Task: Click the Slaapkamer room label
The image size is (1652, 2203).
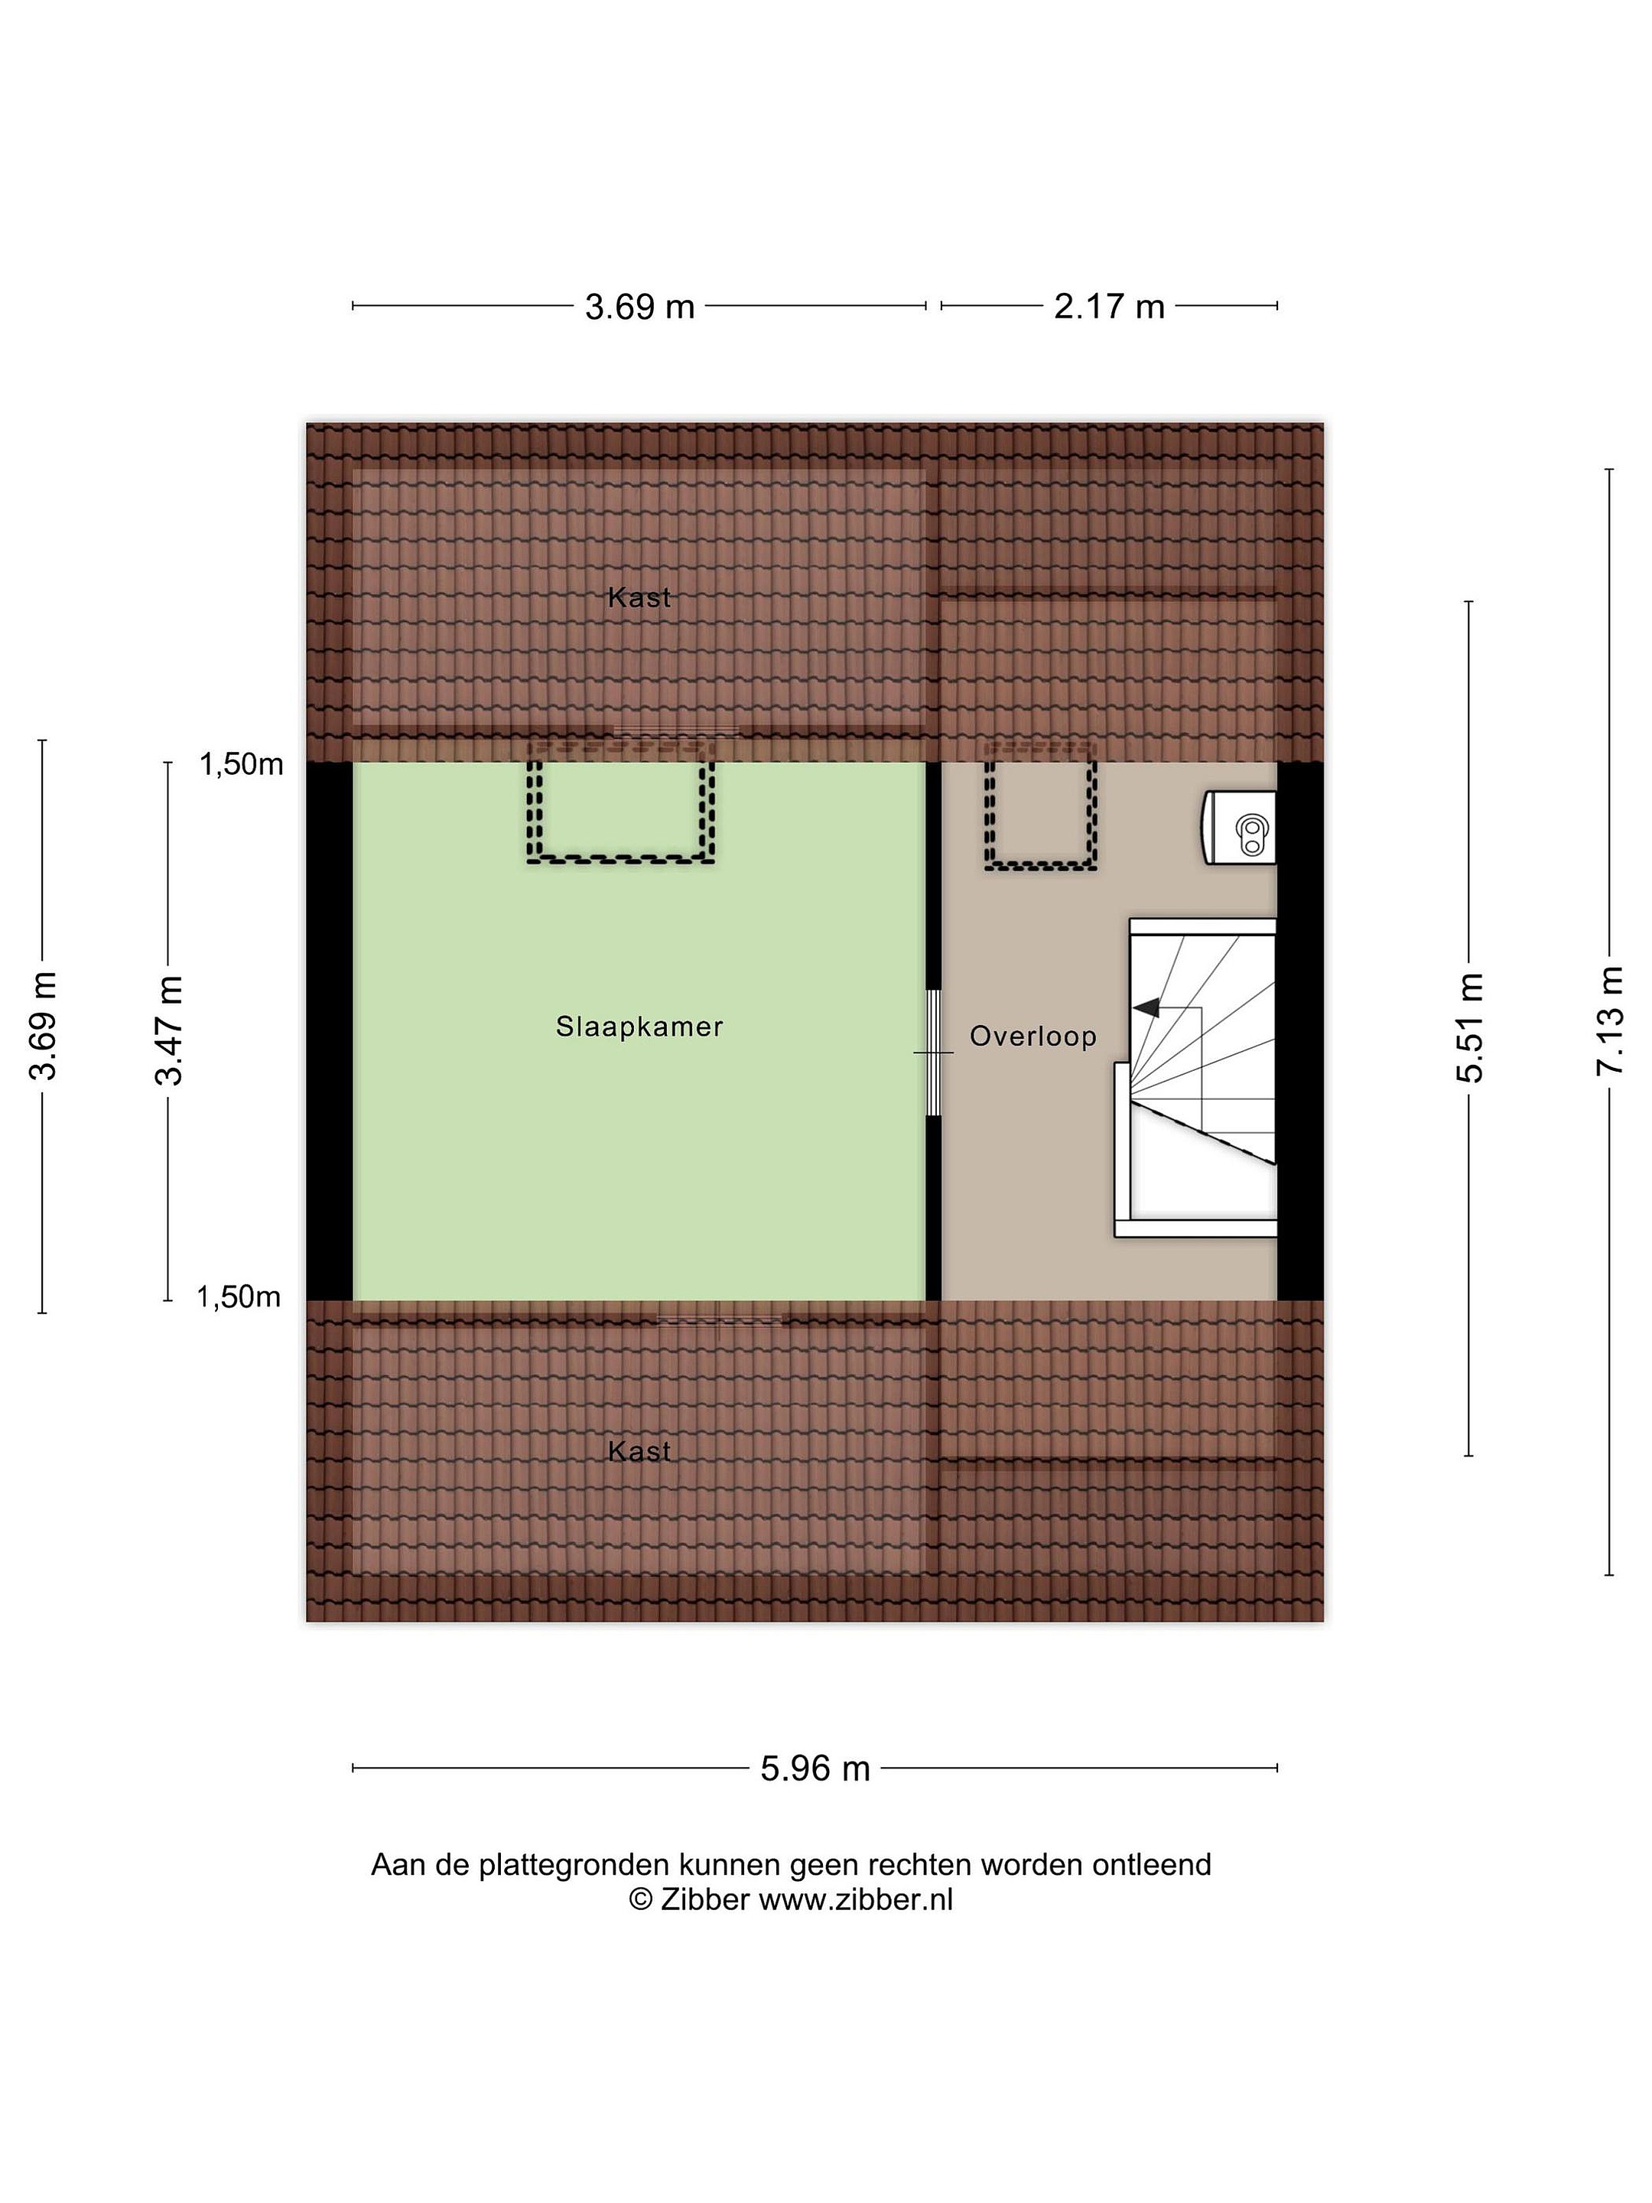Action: pos(639,1027)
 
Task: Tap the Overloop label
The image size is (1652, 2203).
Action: pos(1032,1036)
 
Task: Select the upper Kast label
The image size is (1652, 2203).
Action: pos(639,597)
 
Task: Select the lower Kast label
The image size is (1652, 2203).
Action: pos(639,1451)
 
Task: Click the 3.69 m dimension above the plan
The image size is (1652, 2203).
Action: pos(639,307)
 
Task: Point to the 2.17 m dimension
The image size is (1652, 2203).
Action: pos(1109,307)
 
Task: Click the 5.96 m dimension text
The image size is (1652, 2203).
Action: pos(815,1769)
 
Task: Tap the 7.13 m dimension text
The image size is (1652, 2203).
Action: pos(1609,1022)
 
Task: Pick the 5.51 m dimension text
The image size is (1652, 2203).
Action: pos(1468,1028)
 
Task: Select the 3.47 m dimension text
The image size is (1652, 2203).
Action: pos(168,1030)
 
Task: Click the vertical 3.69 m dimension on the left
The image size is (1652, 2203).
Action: pos(43,1026)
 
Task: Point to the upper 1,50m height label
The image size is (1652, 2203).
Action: pos(241,765)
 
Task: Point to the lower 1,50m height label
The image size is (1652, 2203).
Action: pos(239,1297)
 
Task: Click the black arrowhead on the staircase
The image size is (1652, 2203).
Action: pos(1146,1008)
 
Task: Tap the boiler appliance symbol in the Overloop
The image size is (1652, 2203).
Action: pos(1240,828)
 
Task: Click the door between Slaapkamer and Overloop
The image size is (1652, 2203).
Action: pos(933,1053)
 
